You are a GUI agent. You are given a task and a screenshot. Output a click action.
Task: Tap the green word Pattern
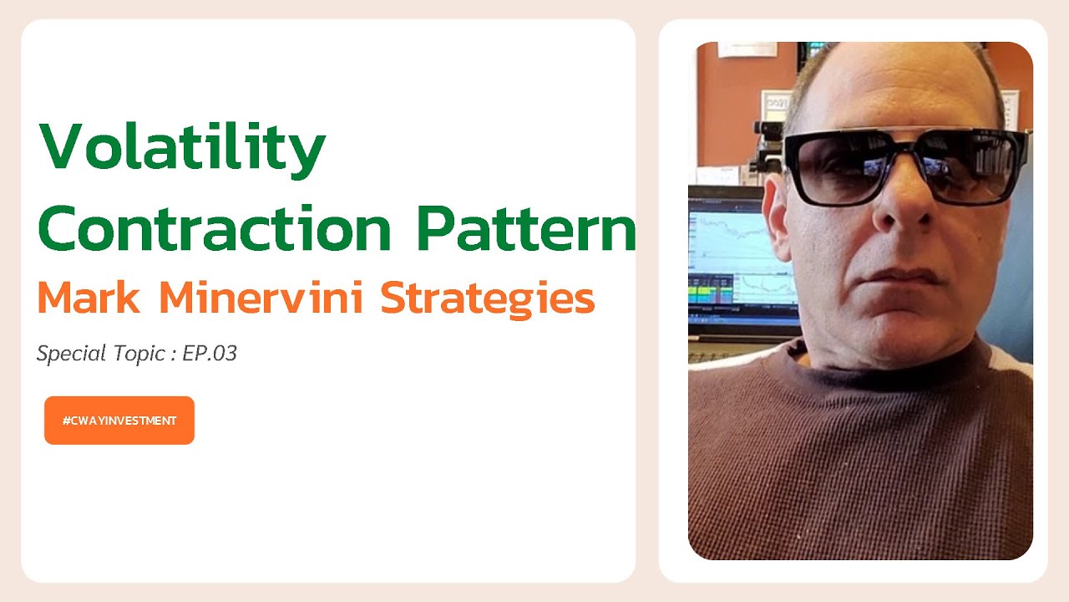(526, 228)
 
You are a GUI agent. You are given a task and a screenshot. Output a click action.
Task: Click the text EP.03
(210, 354)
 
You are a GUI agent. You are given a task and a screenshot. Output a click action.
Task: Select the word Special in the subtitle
(70, 355)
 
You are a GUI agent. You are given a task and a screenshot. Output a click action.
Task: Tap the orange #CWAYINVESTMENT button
(119, 421)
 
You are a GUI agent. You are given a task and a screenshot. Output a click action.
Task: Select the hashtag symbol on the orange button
(66, 421)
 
